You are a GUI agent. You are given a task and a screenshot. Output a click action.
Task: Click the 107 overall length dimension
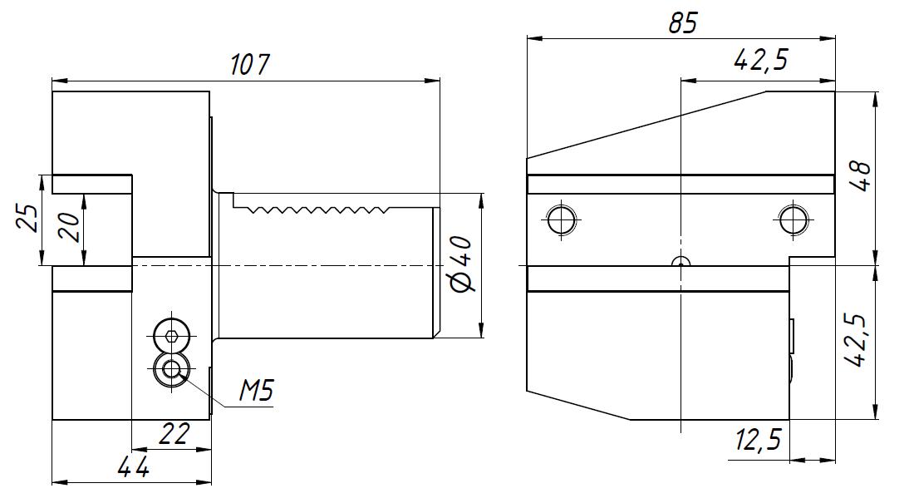pos(250,64)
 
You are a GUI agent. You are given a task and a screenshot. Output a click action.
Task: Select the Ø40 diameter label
pos(462,264)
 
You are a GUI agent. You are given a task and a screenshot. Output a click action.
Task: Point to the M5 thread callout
pos(256,390)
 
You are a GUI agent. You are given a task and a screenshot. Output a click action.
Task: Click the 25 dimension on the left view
pos(30,218)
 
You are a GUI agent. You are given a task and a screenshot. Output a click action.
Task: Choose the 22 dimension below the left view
pos(174,433)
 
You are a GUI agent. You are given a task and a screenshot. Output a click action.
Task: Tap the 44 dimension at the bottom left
pos(133,466)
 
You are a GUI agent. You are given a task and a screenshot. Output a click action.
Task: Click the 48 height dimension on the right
pos(861,175)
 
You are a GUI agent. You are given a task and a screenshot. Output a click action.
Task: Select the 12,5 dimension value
pos(759,439)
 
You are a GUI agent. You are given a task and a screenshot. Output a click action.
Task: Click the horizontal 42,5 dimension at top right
pos(760,60)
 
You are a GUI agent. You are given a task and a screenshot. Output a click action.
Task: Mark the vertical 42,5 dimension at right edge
pos(856,340)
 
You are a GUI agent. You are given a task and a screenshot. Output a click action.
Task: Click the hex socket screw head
pos(172,335)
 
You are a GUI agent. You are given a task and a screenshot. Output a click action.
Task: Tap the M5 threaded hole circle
pos(172,367)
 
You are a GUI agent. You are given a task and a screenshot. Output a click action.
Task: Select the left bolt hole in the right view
pos(561,219)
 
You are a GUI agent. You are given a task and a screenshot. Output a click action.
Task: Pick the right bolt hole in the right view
pos(794,219)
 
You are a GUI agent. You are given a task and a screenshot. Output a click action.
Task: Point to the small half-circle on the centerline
pos(681,262)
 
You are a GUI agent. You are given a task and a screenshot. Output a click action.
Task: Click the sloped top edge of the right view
pos(646,125)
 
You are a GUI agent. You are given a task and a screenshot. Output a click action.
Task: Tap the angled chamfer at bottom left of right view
pos(578,405)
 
